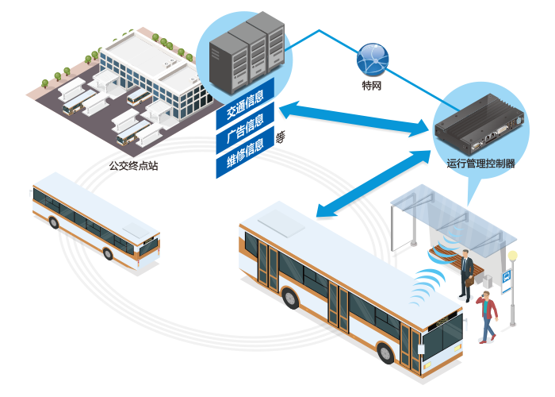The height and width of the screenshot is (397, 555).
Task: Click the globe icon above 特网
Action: tap(373, 60)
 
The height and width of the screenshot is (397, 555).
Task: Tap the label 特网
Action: tap(372, 86)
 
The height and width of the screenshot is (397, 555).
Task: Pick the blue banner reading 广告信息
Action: tap(245, 128)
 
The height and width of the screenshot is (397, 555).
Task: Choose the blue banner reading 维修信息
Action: tap(245, 152)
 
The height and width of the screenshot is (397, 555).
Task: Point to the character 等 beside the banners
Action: tap(281, 137)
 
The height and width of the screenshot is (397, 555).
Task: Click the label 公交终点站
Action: tap(133, 165)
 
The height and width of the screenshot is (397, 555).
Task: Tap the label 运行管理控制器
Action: tap(480, 164)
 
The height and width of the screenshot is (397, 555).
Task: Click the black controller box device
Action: tap(479, 123)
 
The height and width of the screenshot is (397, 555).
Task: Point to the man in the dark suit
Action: tap(467, 276)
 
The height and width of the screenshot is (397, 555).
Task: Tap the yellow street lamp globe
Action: tap(512, 255)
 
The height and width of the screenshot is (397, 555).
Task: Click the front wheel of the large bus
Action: tap(385, 353)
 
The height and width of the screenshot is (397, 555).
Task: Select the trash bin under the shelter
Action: tap(488, 281)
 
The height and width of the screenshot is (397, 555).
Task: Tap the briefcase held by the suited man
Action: tap(469, 281)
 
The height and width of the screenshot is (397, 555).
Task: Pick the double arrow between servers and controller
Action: tap(354, 119)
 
